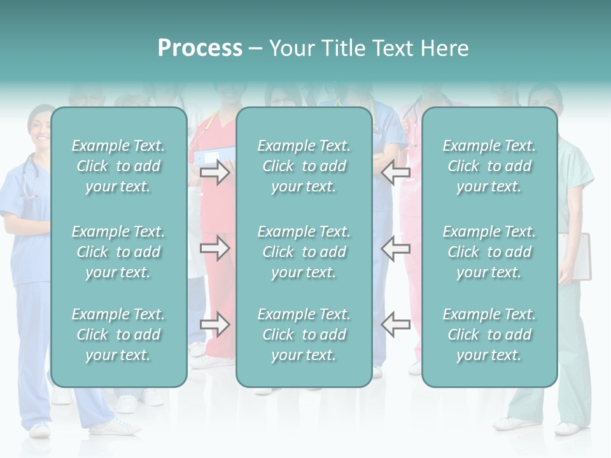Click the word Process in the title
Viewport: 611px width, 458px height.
tap(200, 48)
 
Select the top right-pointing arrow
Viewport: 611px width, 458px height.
tap(214, 172)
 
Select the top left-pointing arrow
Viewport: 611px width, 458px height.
tap(396, 172)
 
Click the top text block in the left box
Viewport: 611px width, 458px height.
tap(118, 166)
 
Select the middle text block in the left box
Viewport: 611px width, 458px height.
tap(118, 252)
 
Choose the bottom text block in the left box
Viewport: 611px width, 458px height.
tap(118, 335)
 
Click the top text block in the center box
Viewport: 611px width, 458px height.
tap(304, 166)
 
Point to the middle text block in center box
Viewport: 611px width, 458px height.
tap(304, 252)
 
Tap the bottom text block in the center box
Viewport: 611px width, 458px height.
tap(304, 335)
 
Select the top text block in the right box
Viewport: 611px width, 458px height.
tap(489, 166)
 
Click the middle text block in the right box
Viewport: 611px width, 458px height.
tap(489, 252)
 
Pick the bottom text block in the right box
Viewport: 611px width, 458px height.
tap(489, 335)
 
